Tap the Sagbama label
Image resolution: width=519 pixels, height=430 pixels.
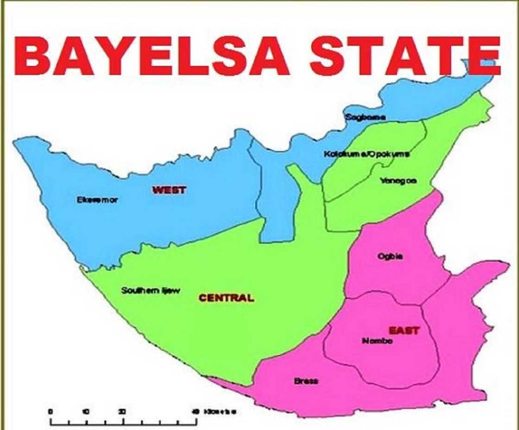point(366,117)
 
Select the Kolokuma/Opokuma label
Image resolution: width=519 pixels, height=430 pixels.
point(366,154)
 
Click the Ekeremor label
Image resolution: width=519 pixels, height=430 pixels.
point(97,200)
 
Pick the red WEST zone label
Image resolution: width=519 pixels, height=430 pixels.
point(169,190)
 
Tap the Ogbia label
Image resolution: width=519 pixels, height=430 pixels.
point(390,257)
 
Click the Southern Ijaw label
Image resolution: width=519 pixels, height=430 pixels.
point(151,291)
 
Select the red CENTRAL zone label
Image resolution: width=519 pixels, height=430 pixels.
point(227,298)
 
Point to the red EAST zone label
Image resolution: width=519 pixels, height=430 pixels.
point(404,330)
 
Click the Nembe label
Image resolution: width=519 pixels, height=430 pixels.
point(377,341)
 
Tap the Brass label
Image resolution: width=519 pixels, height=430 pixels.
point(306,381)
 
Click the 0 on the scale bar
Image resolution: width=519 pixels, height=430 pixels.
point(51,411)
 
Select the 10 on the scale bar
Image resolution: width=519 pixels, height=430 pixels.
point(86,411)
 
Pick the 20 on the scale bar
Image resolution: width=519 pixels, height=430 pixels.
point(122,411)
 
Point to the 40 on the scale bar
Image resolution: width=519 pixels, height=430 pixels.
point(195,411)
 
